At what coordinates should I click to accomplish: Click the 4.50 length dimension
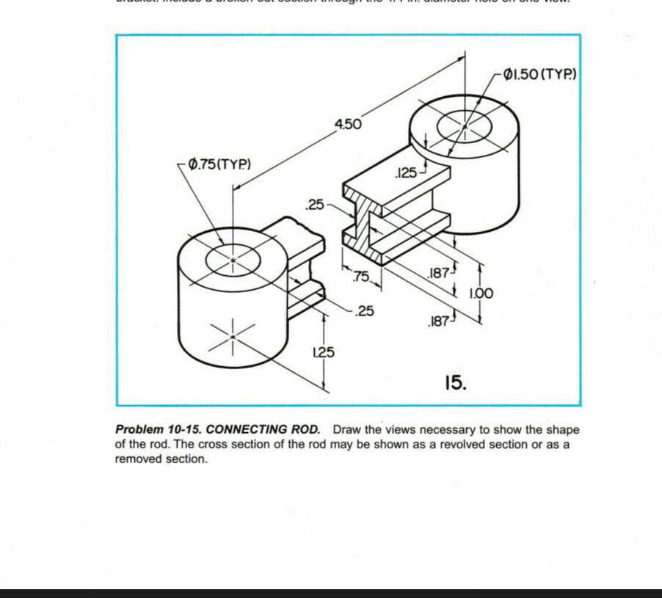click(x=349, y=124)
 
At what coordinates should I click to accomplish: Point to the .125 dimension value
click(x=405, y=173)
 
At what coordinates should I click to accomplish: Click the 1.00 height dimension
click(x=480, y=293)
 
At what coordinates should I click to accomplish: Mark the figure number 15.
click(x=454, y=382)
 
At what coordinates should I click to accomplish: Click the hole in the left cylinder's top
click(x=233, y=260)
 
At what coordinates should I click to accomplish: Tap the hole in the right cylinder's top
click(x=465, y=126)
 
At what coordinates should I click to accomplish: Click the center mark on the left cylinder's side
click(x=232, y=336)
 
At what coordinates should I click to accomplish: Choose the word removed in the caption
click(x=136, y=459)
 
